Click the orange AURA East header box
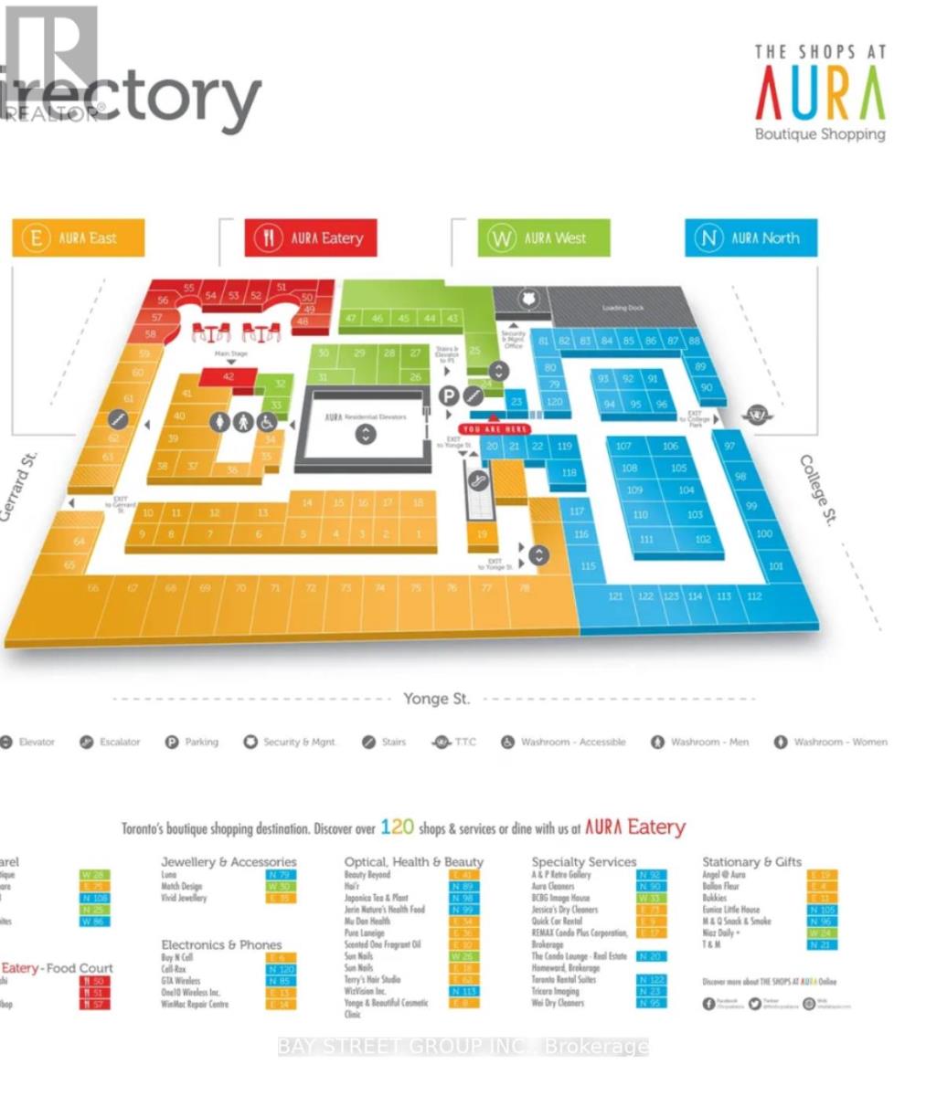pyautogui.click(x=79, y=238)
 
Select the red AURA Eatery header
pyautogui.click(x=312, y=238)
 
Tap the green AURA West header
pyautogui.click(x=544, y=238)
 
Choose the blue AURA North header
pyautogui.click(x=750, y=238)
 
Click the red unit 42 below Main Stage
pyautogui.click(x=229, y=376)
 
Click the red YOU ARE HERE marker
pyautogui.click(x=495, y=429)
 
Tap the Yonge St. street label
pyautogui.click(x=436, y=699)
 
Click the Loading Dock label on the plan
pyautogui.click(x=623, y=308)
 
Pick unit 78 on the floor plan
pyautogui.click(x=524, y=588)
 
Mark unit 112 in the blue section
pyautogui.click(x=753, y=596)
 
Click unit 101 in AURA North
pyautogui.click(x=776, y=566)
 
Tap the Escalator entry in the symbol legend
pyautogui.click(x=111, y=742)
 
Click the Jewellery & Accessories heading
pyautogui.click(x=229, y=861)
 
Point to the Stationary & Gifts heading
pyautogui.click(x=751, y=861)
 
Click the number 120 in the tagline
pyautogui.click(x=398, y=827)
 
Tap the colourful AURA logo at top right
pyautogui.click(x=820, y=95)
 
